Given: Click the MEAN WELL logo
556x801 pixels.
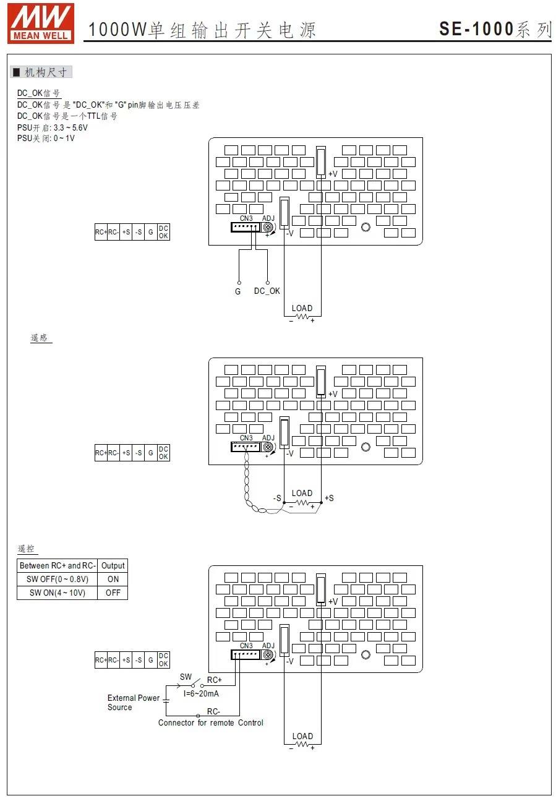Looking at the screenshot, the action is [41, 23].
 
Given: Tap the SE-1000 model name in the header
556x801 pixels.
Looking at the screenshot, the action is [476, 29].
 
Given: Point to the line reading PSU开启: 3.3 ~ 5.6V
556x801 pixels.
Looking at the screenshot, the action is [53, 127].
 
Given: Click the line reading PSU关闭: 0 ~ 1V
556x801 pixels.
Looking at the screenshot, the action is [46, 138].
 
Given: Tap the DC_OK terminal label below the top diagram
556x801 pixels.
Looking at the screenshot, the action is [267, 291].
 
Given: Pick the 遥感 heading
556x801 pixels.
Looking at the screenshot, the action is [39, 338].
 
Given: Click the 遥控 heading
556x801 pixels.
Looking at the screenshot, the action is [27, 549].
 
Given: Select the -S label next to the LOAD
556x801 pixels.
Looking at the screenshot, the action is [277, 499].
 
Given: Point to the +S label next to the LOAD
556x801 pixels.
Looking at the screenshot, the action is [329, 498].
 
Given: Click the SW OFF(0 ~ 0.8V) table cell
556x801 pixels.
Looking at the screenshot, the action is [58, 579].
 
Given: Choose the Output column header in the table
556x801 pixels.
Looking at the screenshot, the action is [113, 565].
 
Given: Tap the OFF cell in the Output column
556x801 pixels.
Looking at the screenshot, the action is [113, 593].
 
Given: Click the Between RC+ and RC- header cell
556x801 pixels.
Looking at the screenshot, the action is [58, 565].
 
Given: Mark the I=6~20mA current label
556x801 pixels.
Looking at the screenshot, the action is [201, 693].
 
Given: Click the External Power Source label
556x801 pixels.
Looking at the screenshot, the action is [134, 703].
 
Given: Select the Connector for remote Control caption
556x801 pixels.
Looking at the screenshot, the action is [210, 722].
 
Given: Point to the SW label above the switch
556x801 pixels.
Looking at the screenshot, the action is [186, 677].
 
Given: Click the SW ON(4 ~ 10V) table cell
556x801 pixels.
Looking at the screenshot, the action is [58, 593].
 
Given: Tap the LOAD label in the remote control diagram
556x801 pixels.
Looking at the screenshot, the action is [302, 736].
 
